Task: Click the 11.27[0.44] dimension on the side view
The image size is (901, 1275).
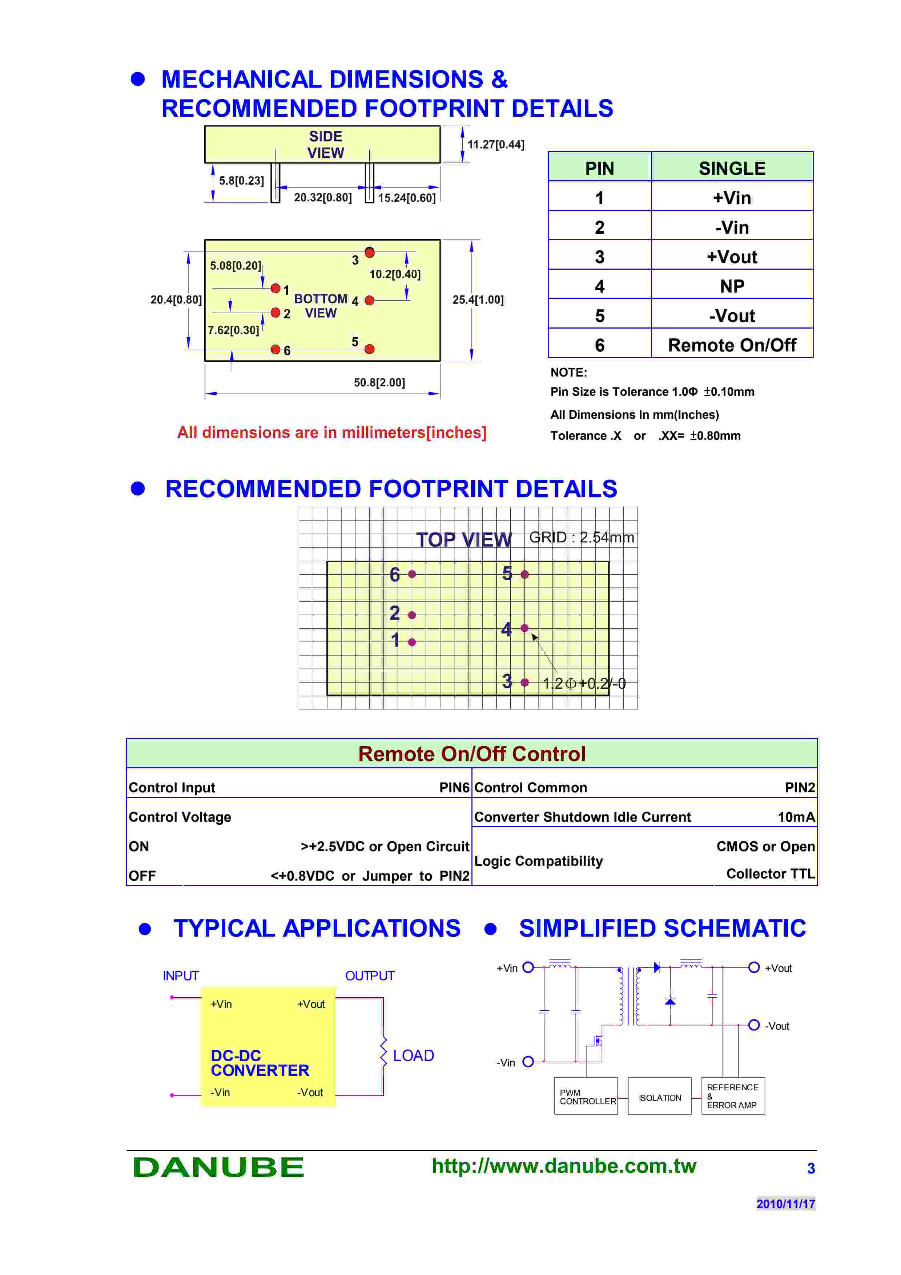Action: [495, 144]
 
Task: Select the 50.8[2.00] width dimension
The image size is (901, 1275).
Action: [379, 383]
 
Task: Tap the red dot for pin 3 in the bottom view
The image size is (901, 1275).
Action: [370, 252]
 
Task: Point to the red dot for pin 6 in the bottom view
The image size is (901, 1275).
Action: [275, 349]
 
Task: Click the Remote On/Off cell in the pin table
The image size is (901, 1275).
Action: [732, 345]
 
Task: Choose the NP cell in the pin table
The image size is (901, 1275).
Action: [732, 286]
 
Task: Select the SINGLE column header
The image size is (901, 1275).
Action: [732, 168]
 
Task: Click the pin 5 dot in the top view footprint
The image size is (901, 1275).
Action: [524, 574]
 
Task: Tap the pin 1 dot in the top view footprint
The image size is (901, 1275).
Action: [412, 642]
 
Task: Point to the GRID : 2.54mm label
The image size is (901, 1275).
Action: [581, 537]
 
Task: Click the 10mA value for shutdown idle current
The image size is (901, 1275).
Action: [796, 817]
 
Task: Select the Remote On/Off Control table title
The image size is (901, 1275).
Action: [472, 753]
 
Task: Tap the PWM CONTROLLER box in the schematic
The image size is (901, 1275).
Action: [586, 1096]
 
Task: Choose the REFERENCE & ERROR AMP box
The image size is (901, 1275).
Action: [733, 1096]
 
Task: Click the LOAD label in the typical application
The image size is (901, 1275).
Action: [413, 1055]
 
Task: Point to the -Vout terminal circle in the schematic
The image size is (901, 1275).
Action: [754, 1025]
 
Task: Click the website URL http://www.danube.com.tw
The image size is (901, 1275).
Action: [563, 1166]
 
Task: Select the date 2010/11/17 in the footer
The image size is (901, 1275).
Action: [785, 1203]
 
